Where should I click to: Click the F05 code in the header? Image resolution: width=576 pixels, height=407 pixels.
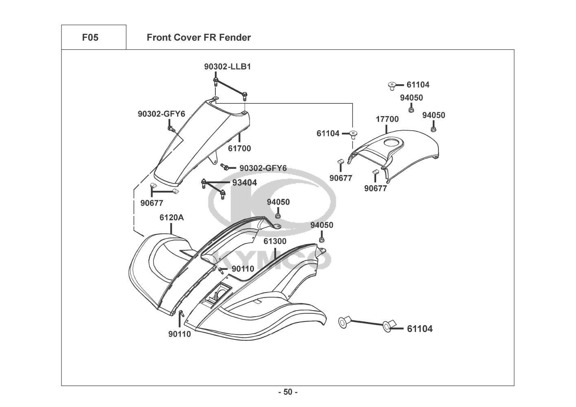(90, 37)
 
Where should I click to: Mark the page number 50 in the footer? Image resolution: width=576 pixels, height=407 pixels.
(288, 392)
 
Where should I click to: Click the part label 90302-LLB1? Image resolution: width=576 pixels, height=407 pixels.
(228, 67)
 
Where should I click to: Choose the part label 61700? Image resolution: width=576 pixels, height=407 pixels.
(239, 149)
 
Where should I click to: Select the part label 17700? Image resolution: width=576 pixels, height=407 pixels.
(387, 119)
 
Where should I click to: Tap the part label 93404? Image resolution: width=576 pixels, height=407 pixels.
(244, 183)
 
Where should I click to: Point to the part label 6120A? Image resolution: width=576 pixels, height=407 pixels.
(171, 218)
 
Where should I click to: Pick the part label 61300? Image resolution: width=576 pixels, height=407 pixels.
(275, 241)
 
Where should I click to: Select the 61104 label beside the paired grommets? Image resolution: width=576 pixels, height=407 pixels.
(420, 329)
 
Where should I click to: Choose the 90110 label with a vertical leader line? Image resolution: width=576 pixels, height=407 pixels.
(180, 334)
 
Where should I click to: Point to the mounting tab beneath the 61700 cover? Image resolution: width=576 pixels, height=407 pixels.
(214, 159)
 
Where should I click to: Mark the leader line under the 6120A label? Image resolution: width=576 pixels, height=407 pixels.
(171, 228)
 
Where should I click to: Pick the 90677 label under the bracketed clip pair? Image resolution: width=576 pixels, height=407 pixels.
(152, 203)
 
